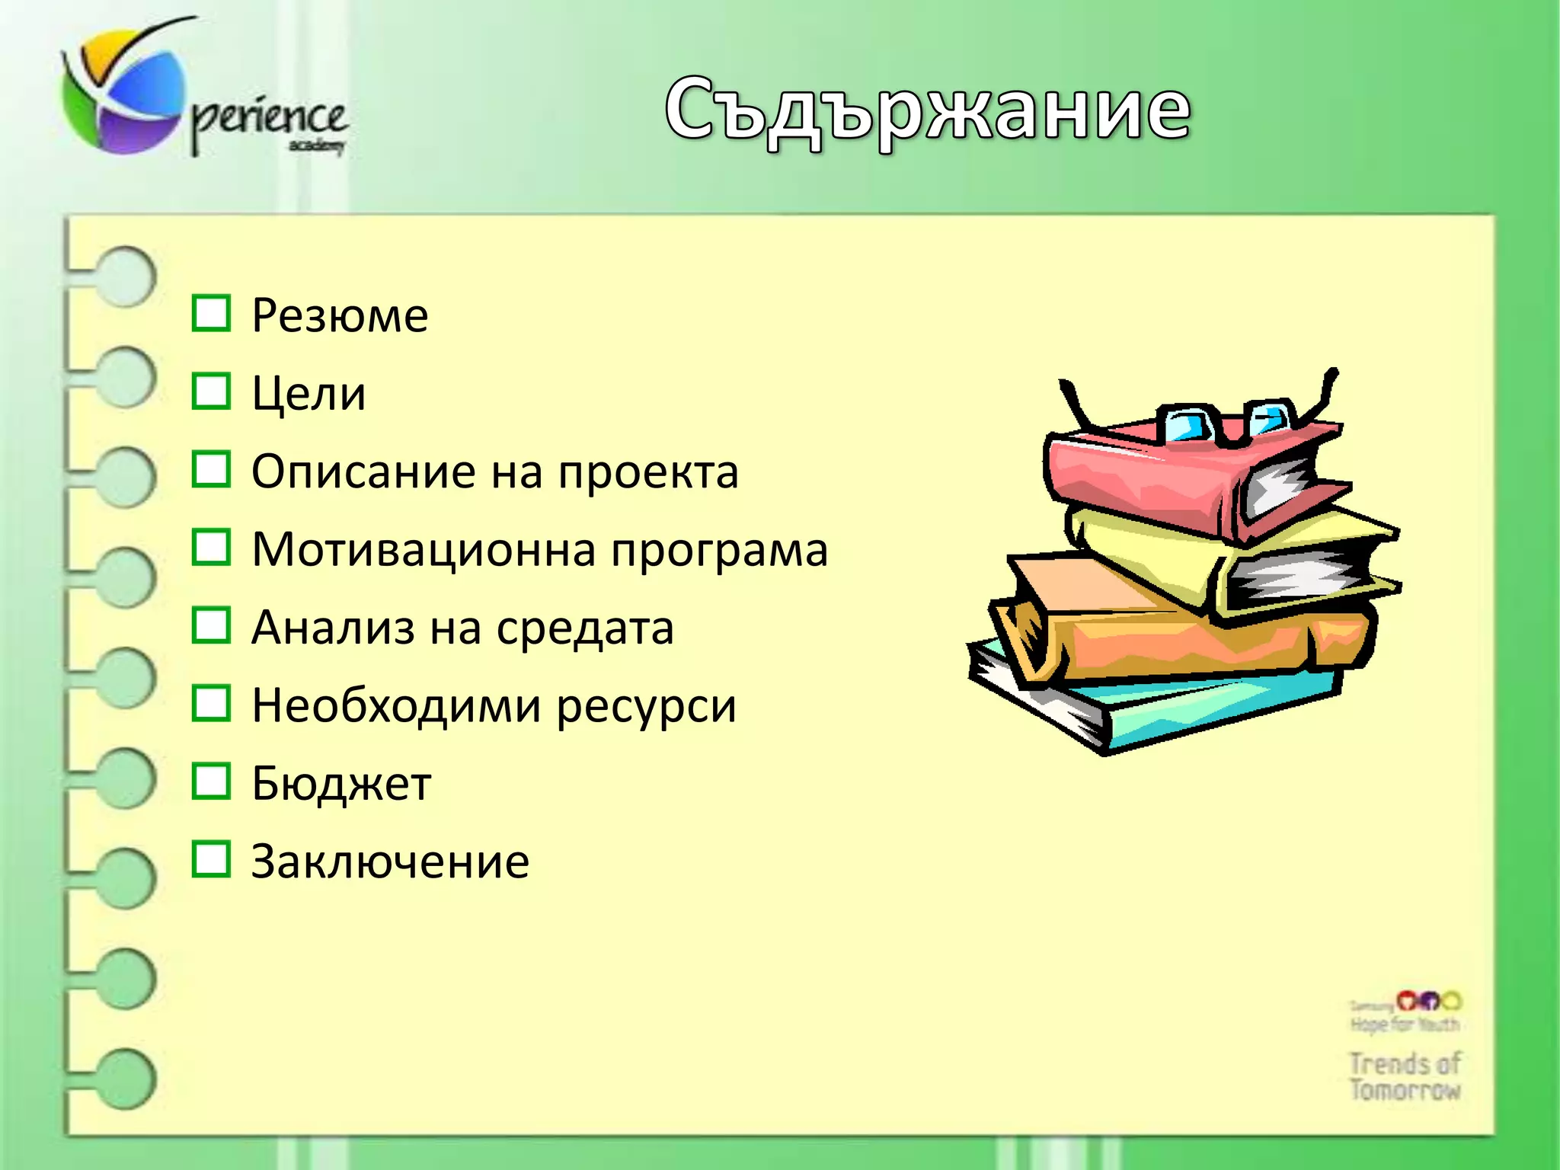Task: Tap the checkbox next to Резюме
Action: (210, 313)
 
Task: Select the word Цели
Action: (308, 394)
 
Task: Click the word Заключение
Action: (390, 862)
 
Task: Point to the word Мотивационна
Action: (424, 549)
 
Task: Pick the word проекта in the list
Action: (647, 473)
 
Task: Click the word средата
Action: (584, 628)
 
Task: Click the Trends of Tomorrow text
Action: (1405, 1076)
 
